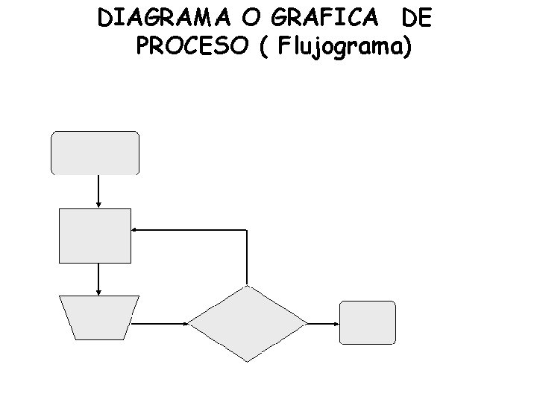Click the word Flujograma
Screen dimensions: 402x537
344,48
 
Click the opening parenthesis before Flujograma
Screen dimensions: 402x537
266,48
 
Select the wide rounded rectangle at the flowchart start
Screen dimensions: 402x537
95,153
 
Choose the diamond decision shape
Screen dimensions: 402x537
247,323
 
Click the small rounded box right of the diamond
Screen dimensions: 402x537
367,322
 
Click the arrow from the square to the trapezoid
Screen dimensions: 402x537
98,278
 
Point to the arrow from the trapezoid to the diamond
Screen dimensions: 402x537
161,323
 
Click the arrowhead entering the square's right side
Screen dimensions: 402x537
134,230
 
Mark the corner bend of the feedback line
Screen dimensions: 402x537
246,230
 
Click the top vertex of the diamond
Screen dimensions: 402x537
247,286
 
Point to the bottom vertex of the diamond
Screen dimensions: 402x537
247,361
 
